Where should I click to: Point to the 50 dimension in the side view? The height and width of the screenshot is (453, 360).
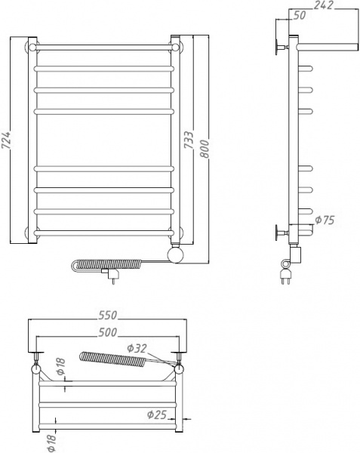(x=299, y=15)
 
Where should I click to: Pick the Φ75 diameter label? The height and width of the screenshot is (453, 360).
(x=325, y=220)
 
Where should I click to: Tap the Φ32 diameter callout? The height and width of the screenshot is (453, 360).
(x=138, y=347)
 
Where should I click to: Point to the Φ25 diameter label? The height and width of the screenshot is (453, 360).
(x=157, y=414)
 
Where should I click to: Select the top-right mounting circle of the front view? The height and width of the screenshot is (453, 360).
(x=177, y=48)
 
